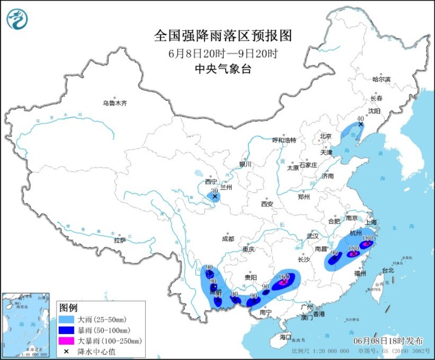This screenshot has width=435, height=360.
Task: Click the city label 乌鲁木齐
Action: [x=114, y=103]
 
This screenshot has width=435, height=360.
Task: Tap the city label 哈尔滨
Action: [x=381, y=79]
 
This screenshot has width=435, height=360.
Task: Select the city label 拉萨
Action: [x=120, y=240]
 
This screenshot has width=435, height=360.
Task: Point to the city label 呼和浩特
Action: [x=284, y=140]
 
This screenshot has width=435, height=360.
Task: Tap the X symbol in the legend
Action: [x=66, y=352]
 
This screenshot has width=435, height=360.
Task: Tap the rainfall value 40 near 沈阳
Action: [x=361, y=119]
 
